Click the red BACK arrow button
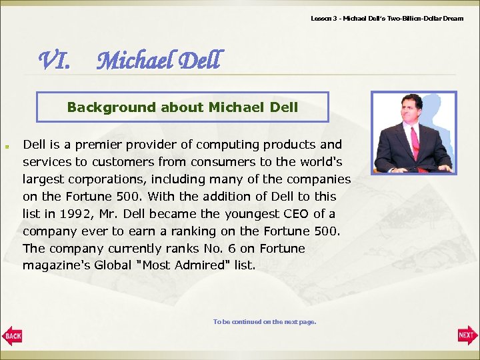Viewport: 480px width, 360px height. pyautogui.click(x=12, y=335)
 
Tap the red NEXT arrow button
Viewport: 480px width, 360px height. pyautogui.click(x=467, y=335)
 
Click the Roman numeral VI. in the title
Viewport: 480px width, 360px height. pyautogui.click(x=54, y=61)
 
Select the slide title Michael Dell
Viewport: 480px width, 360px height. pyautogui.click(x=157, y=61)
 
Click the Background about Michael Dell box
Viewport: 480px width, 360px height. pyautogui.click(x=182, y=107)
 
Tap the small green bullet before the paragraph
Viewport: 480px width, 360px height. pyautogui.click(x=7, y=145)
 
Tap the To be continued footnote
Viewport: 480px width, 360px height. pyautogui.click(x=265, y=322)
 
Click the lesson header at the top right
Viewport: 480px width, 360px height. pyautogui.click(x=387, y=18)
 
